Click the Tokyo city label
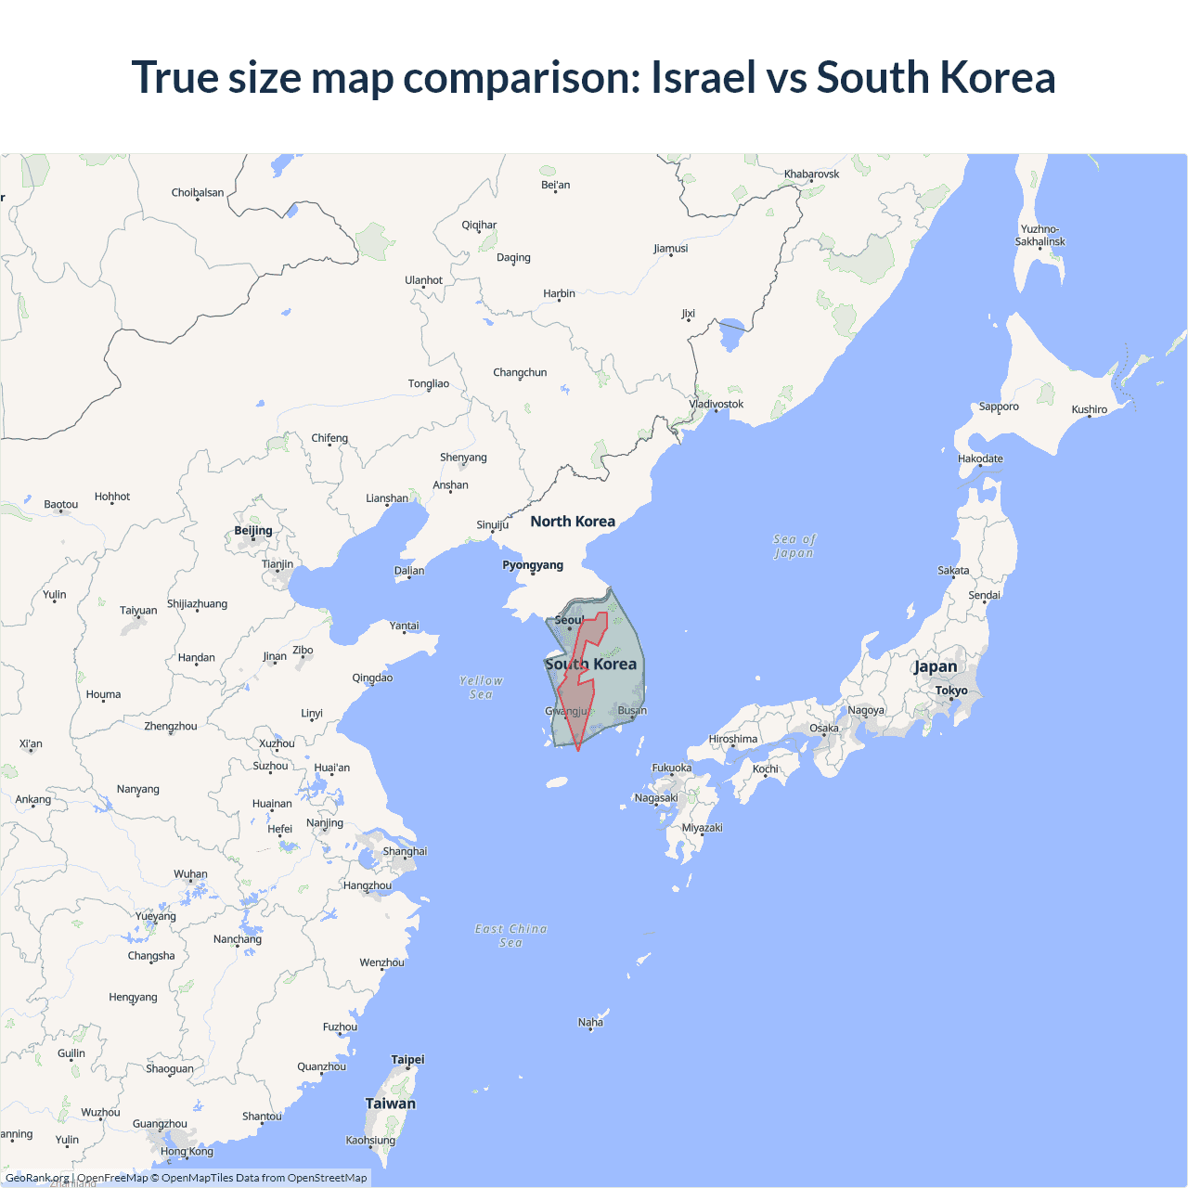tap(951, 691)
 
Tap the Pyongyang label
tap(533, 565)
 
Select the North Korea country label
tap(573, 522)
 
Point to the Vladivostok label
tap(717, 404)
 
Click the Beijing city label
tap(253, 531)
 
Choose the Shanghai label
tap(405, 851)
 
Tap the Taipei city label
tap(407, 1060)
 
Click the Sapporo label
tap(999, 407)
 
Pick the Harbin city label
tap(559, 293)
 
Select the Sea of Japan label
tap(794, 546)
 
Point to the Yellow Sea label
tap(481, 688)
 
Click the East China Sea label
tap(511, 936)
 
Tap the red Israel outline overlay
tap(577, 696)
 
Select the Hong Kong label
tap(187, 1152)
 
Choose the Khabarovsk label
tap(811, 174)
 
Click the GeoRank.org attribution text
tap(37, 1178)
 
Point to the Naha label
tap(590, 1023)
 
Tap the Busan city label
tap(632, 711)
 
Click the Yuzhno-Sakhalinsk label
tap(1039, 236)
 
